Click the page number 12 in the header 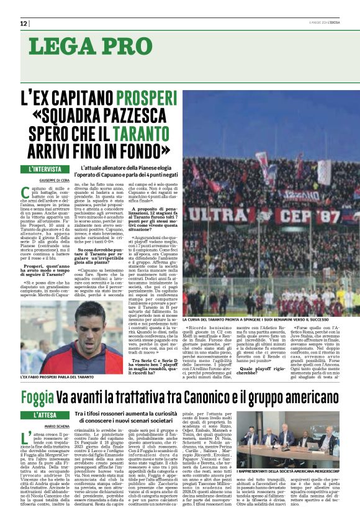24,24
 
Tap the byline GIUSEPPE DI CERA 38,180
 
